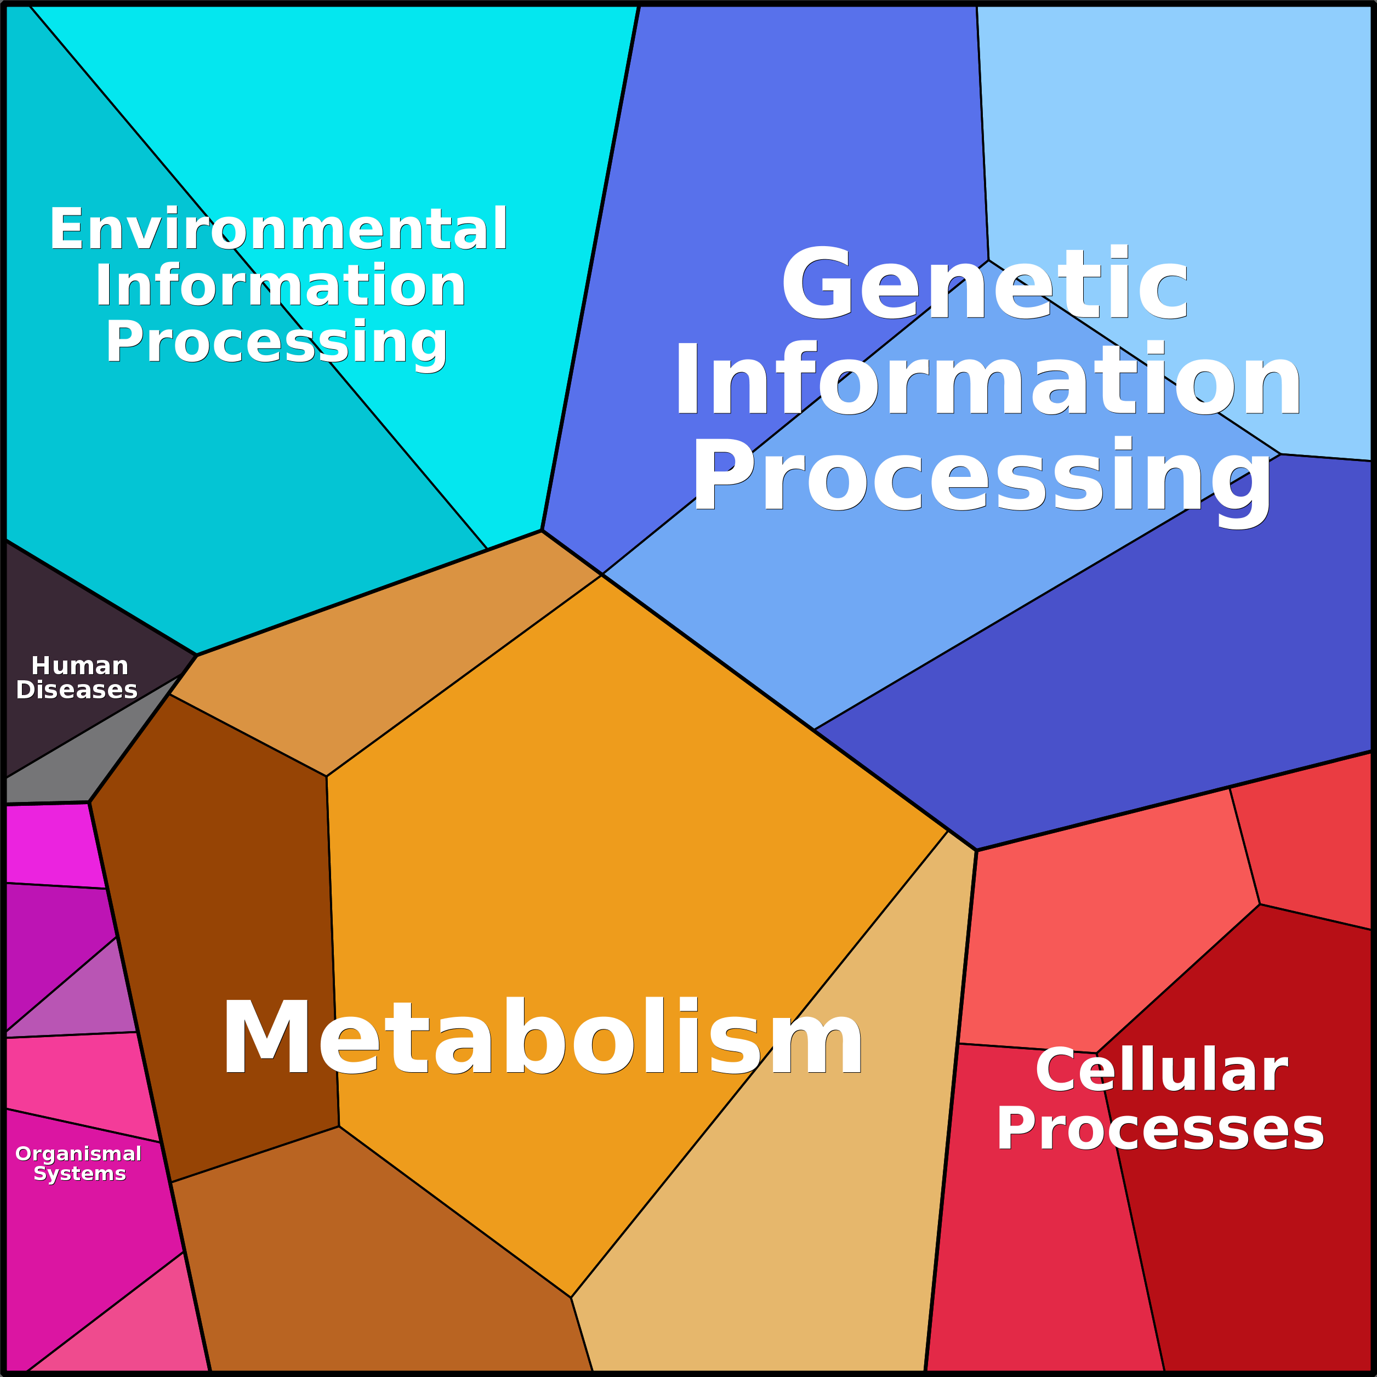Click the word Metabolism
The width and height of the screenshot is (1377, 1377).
[x=542, y=1037]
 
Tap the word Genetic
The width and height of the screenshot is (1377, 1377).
[x=983, y=285]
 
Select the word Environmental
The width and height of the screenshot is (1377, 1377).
[x=278, y=230]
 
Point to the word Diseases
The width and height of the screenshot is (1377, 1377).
[x=76, y=690]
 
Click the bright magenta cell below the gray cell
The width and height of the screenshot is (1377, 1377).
[x=50, y=845]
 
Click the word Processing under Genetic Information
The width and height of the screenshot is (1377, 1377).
[x=983, y=477]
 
